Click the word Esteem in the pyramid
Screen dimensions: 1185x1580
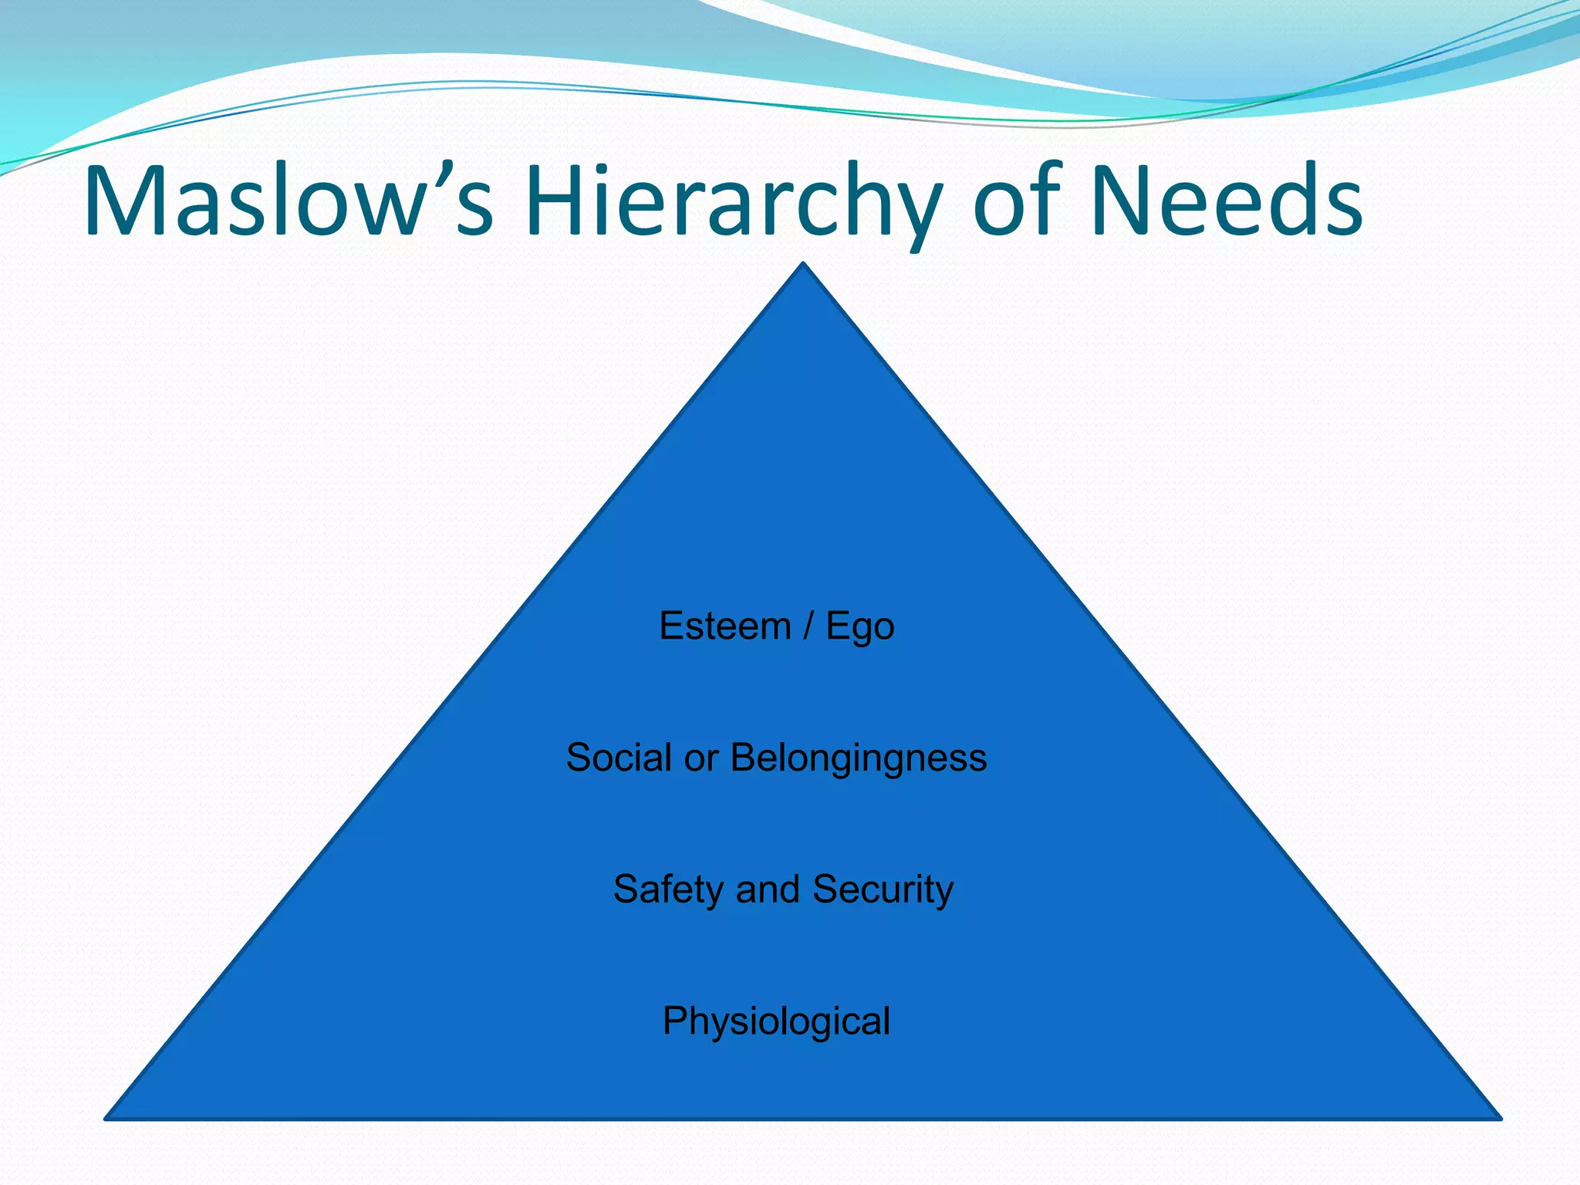[725, 626]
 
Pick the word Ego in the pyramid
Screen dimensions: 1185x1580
[860, 627]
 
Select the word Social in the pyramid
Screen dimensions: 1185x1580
[620, 758]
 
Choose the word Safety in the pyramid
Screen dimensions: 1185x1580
[668, 890]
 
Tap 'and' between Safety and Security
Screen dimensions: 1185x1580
[768, 890]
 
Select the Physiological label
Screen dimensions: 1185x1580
[776, 1022]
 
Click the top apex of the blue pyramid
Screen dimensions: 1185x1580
[803, 265]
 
